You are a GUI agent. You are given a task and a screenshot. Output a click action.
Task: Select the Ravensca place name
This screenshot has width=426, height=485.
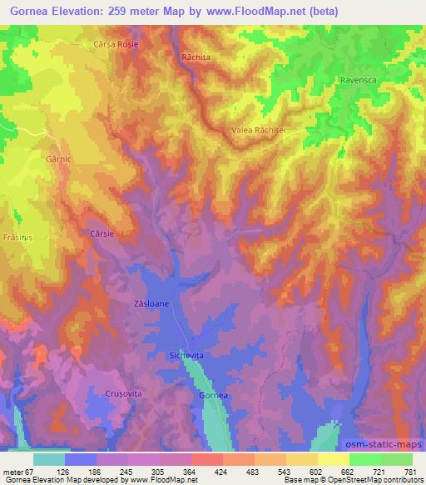tap(359, 81)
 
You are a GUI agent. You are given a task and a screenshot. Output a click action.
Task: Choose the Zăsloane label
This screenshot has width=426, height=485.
tap(151, 304)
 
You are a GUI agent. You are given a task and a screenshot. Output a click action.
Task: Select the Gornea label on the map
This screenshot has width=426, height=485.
tap(213, 394)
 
